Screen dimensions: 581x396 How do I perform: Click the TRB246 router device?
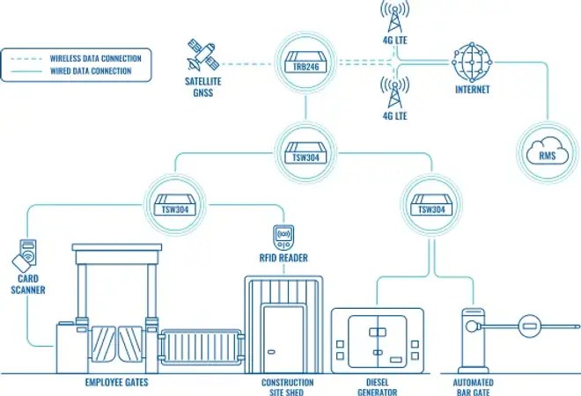304,64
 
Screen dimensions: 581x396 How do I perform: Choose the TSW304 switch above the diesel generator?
430,206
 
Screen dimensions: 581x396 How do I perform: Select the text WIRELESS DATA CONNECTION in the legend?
94,57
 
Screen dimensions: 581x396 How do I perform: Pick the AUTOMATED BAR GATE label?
475,387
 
